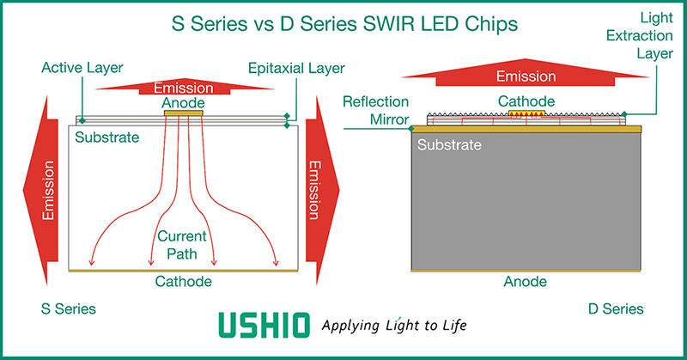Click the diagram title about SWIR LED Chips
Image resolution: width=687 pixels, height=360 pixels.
[343, 25]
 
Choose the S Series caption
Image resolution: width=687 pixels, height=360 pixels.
[69, 308]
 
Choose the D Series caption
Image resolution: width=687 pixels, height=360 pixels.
[615, 308]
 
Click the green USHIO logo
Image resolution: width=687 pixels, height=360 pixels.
[264, 326]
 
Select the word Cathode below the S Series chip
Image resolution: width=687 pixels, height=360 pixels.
[183, 282]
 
